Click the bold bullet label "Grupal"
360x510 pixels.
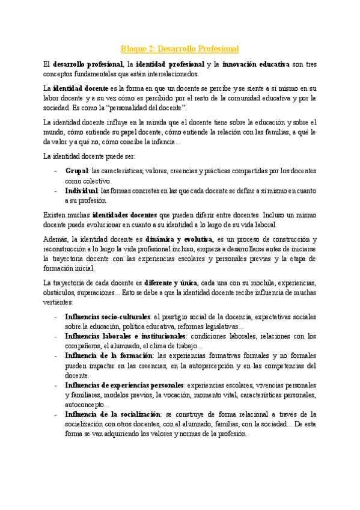coord(76,171)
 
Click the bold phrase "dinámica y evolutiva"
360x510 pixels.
coord(179,238)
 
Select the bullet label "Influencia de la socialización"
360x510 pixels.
coord(113,414)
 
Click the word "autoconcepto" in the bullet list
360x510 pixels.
coord(86,405)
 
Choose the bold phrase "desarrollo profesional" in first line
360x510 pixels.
coord(87,63)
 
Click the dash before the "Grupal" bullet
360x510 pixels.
coord(55,171)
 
